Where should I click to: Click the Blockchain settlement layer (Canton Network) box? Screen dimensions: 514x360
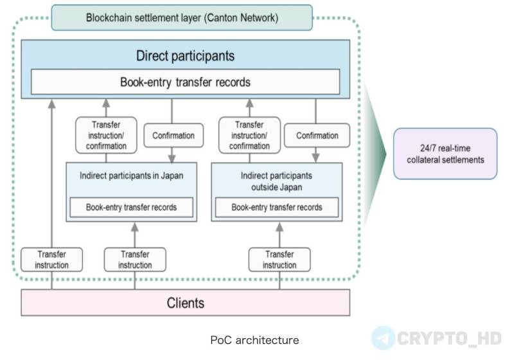click(182, 18)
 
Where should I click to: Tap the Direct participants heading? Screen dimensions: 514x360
click(185, 56)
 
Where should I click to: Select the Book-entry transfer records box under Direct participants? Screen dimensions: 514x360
click(185, 82)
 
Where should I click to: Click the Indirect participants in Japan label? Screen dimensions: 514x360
click(132, 175)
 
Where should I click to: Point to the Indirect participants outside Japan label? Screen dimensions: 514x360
click(277, 181)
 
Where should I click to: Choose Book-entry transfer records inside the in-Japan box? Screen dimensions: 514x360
click(132, 207)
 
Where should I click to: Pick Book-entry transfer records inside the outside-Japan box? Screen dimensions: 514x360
click(277, 207)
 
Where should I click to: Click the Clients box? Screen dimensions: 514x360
click(186, 303)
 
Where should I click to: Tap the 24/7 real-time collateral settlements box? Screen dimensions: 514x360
click(445, 154)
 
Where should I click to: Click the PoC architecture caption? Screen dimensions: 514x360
click(254, 340)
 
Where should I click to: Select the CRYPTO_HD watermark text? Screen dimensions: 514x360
click(449, 338)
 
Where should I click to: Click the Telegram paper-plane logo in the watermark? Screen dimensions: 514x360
click(383, 337)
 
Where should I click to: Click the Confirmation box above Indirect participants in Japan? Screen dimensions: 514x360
click(173, 136)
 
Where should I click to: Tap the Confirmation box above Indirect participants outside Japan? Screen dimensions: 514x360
click(317, 136)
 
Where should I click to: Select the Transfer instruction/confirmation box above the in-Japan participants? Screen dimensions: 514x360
click(106, 135)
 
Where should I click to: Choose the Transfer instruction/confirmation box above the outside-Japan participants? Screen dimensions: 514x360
click(249, 135)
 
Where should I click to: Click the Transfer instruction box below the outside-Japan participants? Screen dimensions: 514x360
click(279, 260)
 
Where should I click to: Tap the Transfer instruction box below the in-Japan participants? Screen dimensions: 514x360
click(135, 260)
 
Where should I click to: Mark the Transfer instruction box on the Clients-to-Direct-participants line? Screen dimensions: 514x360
click(52, 260)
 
